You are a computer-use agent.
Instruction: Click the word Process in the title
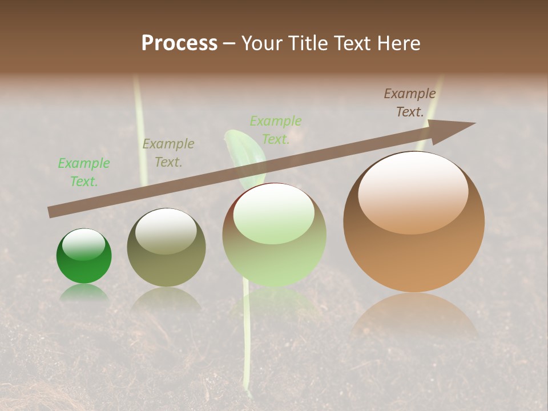pos(179,43)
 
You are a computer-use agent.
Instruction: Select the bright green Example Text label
pos(83,172)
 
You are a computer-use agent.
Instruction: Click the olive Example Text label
pos(168,153)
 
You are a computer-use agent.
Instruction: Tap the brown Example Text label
pos(409,103)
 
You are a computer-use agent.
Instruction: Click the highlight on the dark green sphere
pos(84,244)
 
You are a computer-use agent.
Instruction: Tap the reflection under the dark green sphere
pos(84,292)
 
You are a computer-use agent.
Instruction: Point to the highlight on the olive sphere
pos(166,231)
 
